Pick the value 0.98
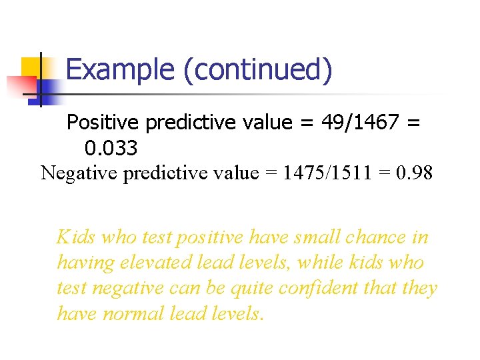[x=414, y=173]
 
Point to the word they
[x=419, y=288]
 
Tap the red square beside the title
[x=20, y=85]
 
